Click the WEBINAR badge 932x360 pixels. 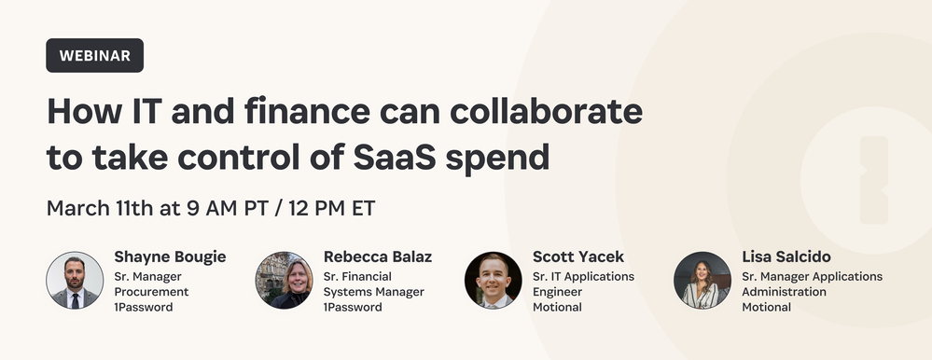94,55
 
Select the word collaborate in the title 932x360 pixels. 547,111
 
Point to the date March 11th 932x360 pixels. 100,209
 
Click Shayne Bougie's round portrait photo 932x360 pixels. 75,280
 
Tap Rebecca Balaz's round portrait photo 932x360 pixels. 285,280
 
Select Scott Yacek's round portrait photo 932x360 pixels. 494,280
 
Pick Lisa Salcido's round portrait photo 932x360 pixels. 702,280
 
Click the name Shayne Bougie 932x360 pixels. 170,257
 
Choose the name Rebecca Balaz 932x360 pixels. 378,256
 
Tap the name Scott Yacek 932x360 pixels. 578,256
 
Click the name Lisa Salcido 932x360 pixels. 786,256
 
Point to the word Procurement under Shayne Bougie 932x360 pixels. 151,292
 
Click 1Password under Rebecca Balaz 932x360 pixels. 353,307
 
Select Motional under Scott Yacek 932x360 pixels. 558,307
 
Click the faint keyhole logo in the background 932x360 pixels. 874,180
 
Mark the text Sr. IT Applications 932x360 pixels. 583,277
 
